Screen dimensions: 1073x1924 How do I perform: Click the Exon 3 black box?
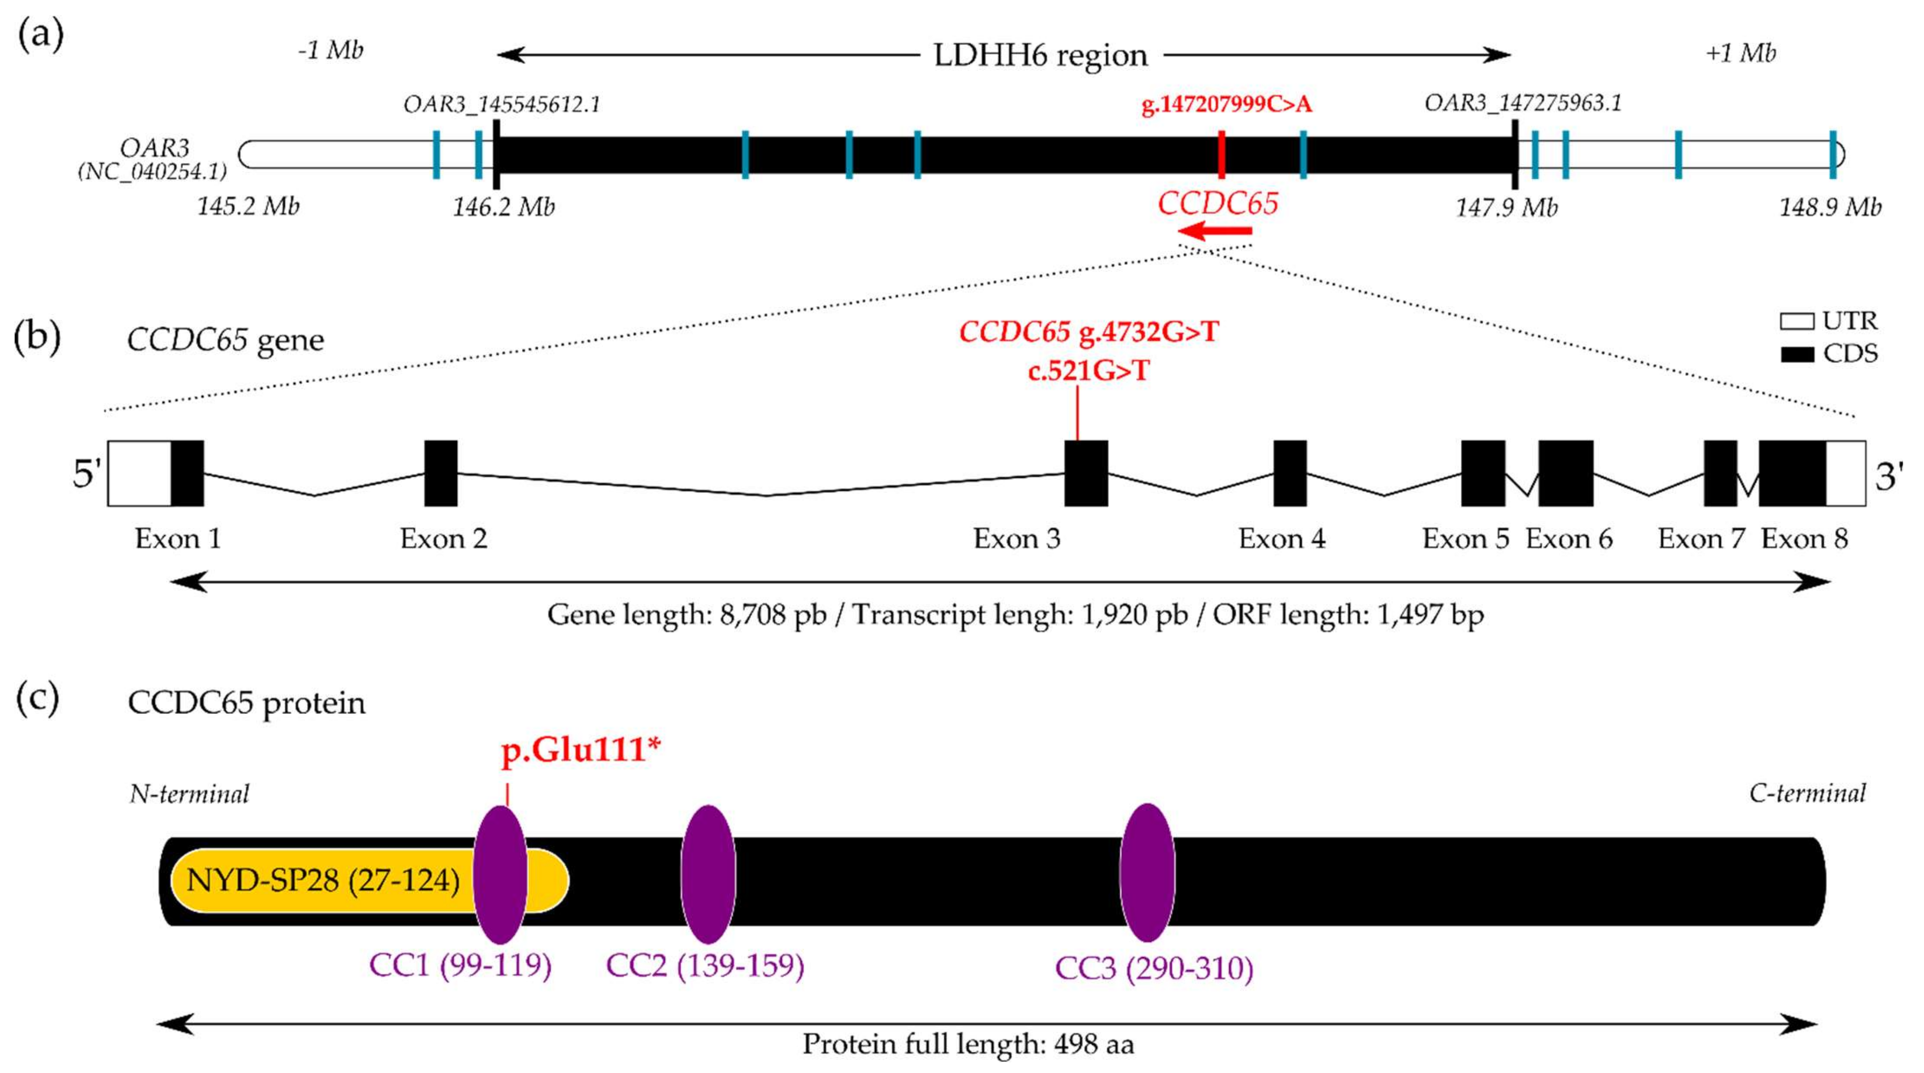1085,474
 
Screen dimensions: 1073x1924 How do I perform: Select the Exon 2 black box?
440,474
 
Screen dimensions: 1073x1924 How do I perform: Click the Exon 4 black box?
1290,474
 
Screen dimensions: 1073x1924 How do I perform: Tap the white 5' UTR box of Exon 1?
140,474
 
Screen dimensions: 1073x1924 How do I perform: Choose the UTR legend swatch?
1796,321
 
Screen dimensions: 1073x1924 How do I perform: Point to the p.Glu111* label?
581,750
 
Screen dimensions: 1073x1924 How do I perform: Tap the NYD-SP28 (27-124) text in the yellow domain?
323,880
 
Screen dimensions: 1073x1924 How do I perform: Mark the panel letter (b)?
37,338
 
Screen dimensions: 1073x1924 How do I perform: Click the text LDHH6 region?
1040,55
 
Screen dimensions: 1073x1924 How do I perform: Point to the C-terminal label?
1807,793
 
